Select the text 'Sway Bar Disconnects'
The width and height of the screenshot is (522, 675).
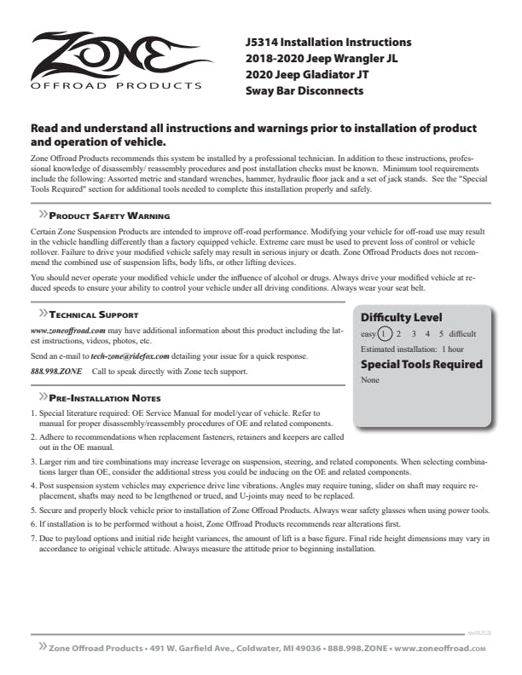point(301,90)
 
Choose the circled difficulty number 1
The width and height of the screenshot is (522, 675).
point(386,334)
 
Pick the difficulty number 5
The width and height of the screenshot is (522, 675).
point(441,334)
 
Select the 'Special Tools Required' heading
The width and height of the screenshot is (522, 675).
point(421,364)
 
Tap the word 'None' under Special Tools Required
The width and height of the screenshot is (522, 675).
point(370,380)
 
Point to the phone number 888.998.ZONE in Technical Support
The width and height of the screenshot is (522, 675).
point(56,372)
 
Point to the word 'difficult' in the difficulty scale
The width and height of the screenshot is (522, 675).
point(462,334)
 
